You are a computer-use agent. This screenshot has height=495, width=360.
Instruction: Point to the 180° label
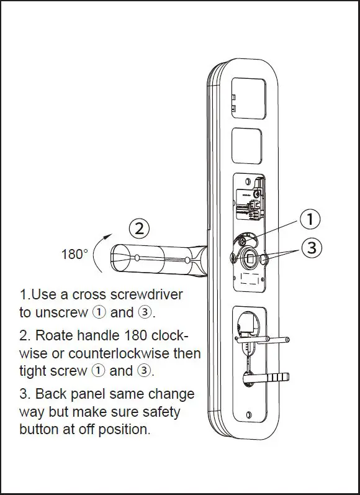tap(74, 255)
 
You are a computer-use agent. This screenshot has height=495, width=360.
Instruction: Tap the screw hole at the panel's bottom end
tap(249, 415)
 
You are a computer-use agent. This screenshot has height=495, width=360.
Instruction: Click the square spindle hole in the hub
tap(250, 257)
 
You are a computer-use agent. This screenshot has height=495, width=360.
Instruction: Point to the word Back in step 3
tap(51, 394)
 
